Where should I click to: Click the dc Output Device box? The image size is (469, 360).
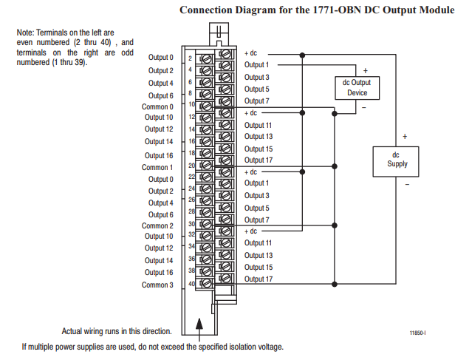(357, 88)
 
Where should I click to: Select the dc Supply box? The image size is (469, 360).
(397, 159)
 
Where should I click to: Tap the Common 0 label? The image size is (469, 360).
(157, 107)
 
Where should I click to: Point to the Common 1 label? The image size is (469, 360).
(157, 168)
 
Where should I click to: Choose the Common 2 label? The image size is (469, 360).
(157, 226)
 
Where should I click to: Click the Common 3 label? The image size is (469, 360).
(157, 285)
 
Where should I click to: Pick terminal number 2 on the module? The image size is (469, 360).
(190, 58)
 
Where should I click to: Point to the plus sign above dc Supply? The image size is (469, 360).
(405, 137)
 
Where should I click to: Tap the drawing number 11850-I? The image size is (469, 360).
(418, 333)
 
